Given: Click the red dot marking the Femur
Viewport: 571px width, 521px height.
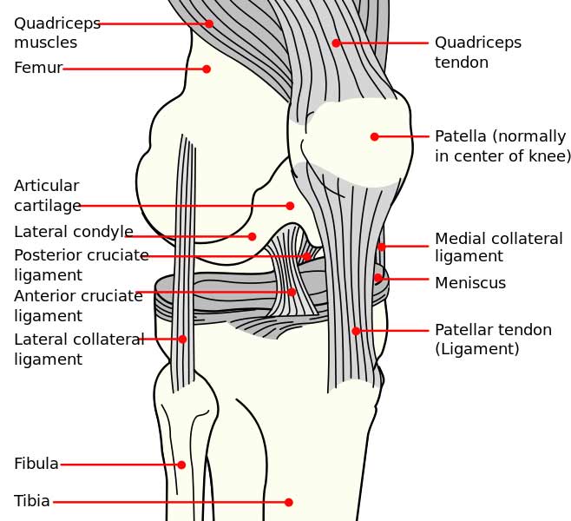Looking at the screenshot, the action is [207, 69].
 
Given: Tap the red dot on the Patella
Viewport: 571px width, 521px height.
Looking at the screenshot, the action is [374, 136].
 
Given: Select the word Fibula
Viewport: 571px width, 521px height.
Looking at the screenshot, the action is [36, 464].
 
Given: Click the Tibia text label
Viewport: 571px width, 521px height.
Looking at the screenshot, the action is [32, 501].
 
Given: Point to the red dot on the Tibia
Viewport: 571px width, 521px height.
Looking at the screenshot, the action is [289, 503].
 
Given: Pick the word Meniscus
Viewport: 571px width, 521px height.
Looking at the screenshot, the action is [470, 283].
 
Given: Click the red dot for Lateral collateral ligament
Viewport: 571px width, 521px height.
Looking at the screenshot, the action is [182, 340].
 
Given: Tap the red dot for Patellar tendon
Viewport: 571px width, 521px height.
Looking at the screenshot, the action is [356, 331].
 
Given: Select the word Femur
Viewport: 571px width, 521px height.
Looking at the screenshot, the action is [38, 68].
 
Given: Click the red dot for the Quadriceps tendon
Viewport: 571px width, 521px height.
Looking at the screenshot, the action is [336, 43].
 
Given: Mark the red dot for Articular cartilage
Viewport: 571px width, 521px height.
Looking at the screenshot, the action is [290, 206].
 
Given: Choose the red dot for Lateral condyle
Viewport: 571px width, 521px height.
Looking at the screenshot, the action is [252, 236].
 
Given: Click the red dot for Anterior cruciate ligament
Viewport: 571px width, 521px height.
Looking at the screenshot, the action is [292, 292].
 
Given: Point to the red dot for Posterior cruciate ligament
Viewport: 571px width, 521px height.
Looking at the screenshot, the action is [307, 256].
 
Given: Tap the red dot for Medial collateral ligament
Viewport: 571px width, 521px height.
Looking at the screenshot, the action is [381, 247].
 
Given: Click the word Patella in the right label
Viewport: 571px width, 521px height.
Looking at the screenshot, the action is [461, 136].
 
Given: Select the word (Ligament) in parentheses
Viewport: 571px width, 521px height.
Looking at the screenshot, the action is [477, 349].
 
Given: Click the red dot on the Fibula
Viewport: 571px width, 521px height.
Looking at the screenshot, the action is [181, 465].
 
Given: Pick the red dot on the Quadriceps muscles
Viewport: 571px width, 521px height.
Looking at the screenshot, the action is [209, 23].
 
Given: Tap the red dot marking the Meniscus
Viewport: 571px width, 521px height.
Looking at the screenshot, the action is [378, 278].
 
